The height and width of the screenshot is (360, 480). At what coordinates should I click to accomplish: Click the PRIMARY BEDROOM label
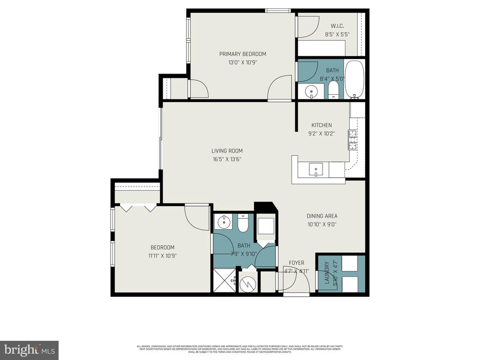(x=242, y=54)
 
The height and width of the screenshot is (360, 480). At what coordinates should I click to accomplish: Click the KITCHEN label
(x=322, y=125)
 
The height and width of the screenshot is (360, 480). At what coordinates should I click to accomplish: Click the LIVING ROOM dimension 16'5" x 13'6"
(x=227, y=159)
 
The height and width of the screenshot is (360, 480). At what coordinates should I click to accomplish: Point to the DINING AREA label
(x=322, y=216)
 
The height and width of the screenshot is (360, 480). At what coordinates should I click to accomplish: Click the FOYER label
(x=296, y=263)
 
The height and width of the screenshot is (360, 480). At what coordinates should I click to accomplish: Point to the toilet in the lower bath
(x=242, y=225)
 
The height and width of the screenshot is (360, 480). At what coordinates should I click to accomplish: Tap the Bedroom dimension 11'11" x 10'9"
(x=163, y=256)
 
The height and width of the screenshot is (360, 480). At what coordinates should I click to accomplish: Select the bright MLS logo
(x=29, y=350)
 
